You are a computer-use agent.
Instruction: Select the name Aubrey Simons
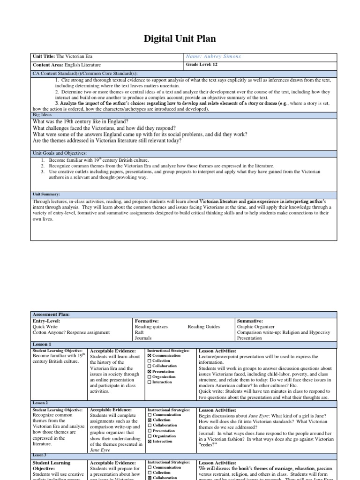(x=213, y=56)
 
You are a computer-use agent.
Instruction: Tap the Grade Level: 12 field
(x=202, y=65)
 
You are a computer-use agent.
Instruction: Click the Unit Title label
(x=44, y=56)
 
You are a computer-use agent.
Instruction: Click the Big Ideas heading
(x=42, y=114)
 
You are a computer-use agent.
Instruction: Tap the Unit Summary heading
(x=46, y=194)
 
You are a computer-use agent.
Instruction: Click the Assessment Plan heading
(x=50, y=314)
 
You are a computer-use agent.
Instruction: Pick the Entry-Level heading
(x=47, y=321)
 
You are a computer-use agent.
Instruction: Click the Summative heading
(x=251, y=321)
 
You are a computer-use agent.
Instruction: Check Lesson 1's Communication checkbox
(x=150, y=356)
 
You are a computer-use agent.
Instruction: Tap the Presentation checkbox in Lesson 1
(x=150, y=372)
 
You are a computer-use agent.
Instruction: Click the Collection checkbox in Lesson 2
(x=150, y=420)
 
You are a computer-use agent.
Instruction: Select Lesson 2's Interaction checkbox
(x=150, y=442)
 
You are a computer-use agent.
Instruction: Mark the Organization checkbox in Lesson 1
(x=150, y=377)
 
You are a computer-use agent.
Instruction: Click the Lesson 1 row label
(x=42, y=344)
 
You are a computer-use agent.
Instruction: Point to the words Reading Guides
(x=203, y=327)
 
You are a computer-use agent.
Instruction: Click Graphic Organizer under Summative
(x=256, y=327)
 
